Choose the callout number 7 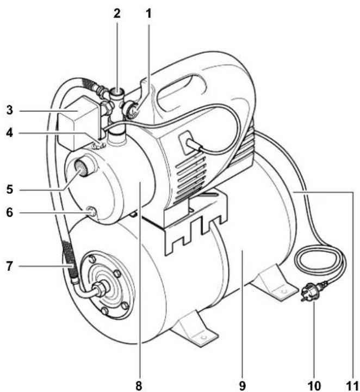pyautogui.click(x=10, y=266)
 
